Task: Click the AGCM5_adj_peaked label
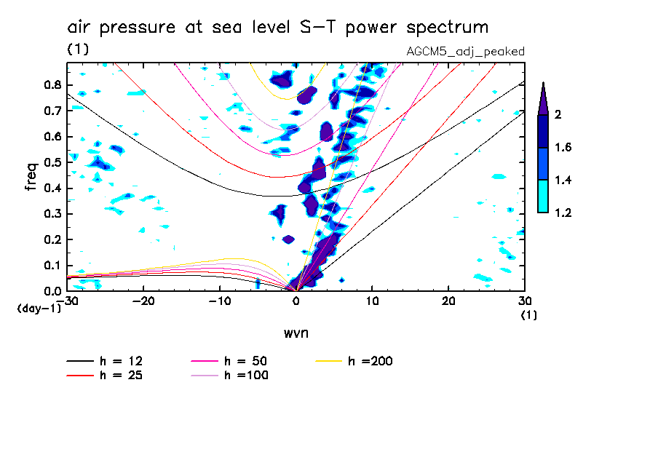pyautogui.click(x=465, y=52)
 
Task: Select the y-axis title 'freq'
pyautogui.click(x=31, y=176)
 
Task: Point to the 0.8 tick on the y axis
pyautogui.click(x=53, y=84)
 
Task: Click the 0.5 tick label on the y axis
pyautogui.click(x=53, y=162)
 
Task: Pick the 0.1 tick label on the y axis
pyautogui.click(x=53, y=266)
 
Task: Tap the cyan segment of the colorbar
pyautogui.click(x=543, y=197)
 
